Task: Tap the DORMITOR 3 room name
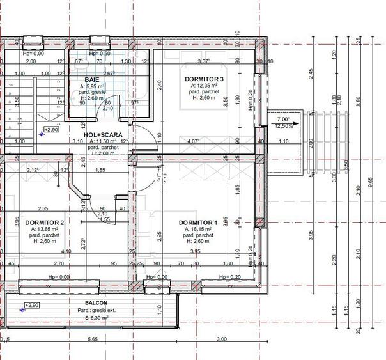(x=203, y=79)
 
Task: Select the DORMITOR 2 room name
(x=44, y=222)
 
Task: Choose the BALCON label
(x=96, y=303)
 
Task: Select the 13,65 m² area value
(x=45, y=229)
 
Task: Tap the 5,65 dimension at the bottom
(x=93, y=340)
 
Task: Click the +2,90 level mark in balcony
(x=31, y=306)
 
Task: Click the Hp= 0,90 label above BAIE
(x=100, y=54)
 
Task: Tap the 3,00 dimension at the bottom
(x=221, y=340)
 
